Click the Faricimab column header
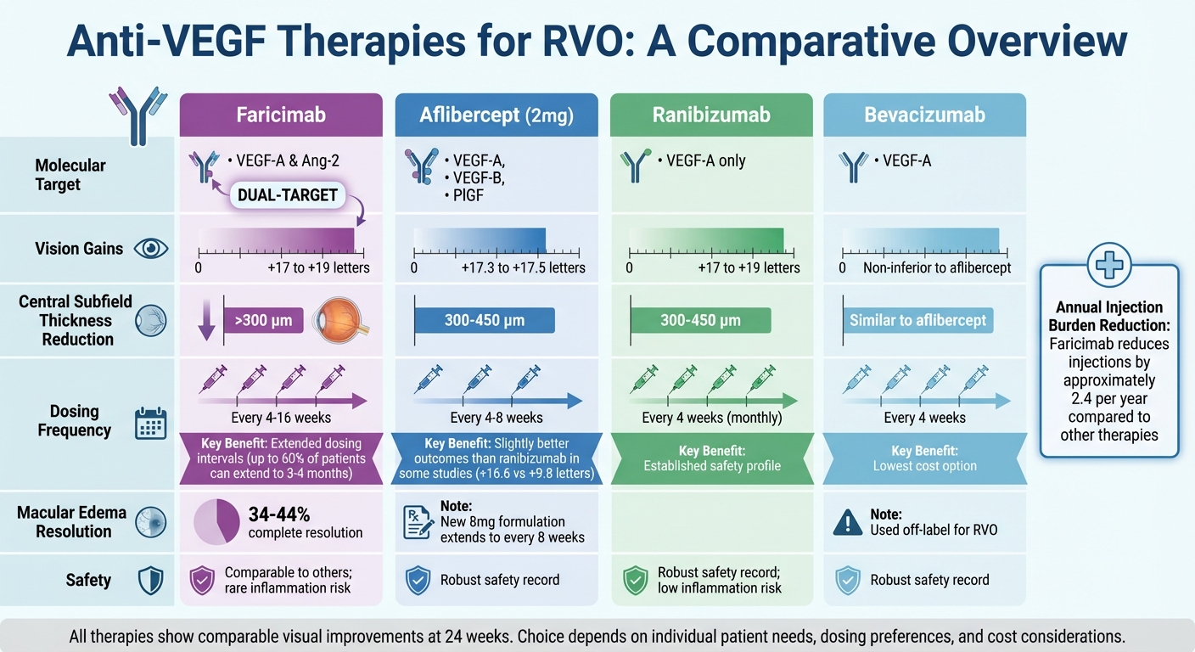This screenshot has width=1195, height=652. click(x=280, y=115)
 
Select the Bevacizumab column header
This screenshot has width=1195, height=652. click(x=924, y=115)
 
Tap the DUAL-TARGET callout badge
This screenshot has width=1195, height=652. click(x=288, y=195)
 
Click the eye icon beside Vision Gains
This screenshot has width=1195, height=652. click(x=151, y=249)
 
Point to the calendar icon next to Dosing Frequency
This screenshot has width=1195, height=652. click(x=151, y=423)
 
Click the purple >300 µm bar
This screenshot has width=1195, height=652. click(x=263, y=321)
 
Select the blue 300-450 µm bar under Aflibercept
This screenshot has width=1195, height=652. click(x=485, y=321)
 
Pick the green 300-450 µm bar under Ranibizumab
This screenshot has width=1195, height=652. click(x=700, y=321)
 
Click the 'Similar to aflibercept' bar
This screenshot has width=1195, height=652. click(x=918, y=321)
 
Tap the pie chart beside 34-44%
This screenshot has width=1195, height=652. click(x=218, y=522)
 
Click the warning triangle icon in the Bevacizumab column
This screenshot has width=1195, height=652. click(x=847, y=522)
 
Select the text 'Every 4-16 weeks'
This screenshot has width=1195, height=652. click(x=281, y=418)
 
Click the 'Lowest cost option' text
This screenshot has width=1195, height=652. click(x=924, y=466)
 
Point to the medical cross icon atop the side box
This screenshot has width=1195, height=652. click(x=1108, y=265)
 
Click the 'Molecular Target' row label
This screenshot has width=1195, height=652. click(x=70, y=174)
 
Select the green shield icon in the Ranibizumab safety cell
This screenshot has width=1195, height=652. click(x=636, y=581)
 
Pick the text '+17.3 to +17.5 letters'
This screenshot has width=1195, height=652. click(x=523, y=267)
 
